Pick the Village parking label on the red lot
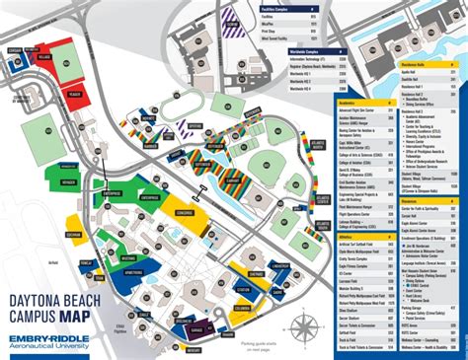(44, 56)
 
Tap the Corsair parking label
(14, 48)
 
